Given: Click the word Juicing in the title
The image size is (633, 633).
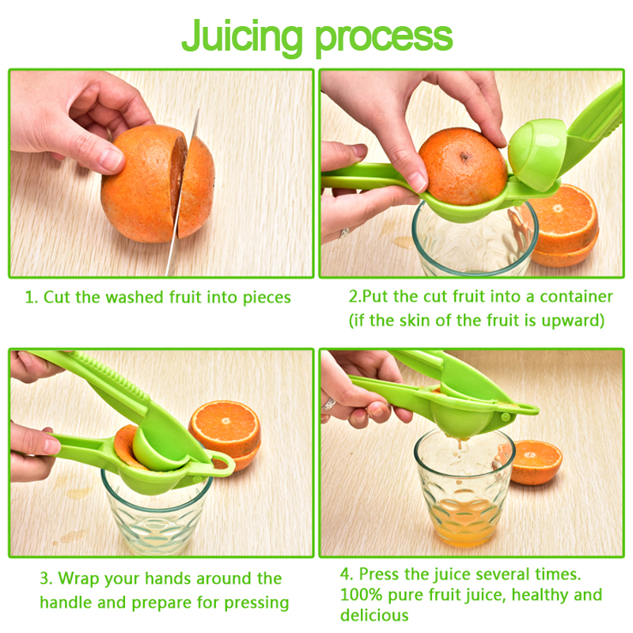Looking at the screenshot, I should point(242,36).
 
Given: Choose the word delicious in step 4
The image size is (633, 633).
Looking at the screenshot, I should point(374,615).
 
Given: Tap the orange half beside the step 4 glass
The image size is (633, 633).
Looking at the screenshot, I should point(534,461).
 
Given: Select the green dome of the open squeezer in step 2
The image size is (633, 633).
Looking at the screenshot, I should point(537,154).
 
